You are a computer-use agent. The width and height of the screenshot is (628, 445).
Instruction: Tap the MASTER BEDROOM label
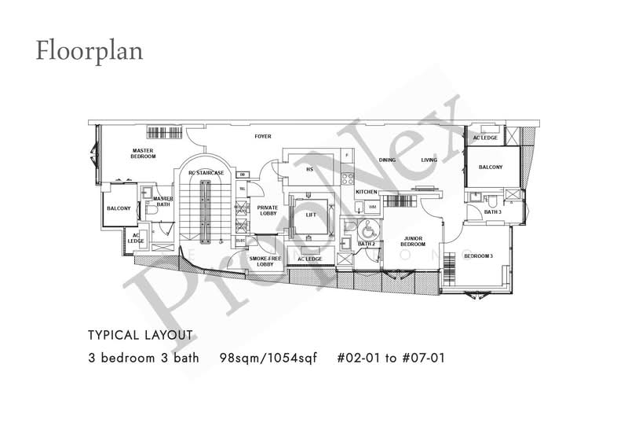143,153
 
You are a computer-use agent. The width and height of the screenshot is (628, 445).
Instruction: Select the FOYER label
262,136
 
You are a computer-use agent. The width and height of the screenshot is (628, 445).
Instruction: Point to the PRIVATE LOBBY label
268,210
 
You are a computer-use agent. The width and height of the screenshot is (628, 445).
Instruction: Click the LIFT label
310,214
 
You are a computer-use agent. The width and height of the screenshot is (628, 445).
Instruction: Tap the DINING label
388,160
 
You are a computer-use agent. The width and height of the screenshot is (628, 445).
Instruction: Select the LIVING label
429,160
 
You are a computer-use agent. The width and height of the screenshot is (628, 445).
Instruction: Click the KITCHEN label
367,192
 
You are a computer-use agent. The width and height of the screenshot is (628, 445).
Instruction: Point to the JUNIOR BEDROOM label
414,241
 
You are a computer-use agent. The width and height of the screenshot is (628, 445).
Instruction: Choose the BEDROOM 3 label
478,256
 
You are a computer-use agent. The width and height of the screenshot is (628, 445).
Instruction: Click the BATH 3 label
492,211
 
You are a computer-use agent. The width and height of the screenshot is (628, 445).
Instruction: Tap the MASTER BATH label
163,201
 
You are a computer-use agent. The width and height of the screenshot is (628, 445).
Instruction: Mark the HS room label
309,168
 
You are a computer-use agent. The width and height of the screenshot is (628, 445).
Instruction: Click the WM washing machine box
372,207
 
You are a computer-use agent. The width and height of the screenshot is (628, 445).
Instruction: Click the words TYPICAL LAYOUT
141,335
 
